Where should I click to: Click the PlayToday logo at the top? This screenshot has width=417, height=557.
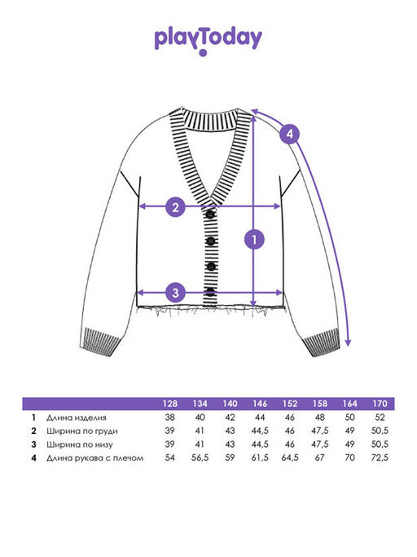(208, 42)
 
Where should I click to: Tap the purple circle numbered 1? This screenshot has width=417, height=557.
(254, 240)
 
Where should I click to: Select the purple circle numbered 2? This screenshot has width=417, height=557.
(176, 207)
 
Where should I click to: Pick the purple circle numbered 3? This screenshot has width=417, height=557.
(176, 293)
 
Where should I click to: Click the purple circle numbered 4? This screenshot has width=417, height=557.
(290, 134)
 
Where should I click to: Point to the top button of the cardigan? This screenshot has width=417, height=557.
(210, 214)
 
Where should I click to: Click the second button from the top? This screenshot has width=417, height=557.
(211, 241)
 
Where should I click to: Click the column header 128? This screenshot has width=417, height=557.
(170, 404)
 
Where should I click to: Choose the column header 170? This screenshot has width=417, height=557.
(380, 404)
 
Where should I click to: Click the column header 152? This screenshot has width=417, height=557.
(290, 404)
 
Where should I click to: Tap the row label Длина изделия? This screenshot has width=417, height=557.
(77, 418)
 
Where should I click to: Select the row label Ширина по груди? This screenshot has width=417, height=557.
(82, 431)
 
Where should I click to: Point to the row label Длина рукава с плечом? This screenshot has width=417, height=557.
(94, 458)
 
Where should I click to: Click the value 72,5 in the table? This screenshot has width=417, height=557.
(380, 458)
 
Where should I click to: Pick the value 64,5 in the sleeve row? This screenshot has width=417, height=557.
(290, 458)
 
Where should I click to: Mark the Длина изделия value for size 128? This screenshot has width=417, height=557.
(170, 417)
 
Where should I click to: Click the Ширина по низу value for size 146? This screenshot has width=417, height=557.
(260, 444)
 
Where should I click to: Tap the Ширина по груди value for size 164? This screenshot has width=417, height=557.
(349, 431)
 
